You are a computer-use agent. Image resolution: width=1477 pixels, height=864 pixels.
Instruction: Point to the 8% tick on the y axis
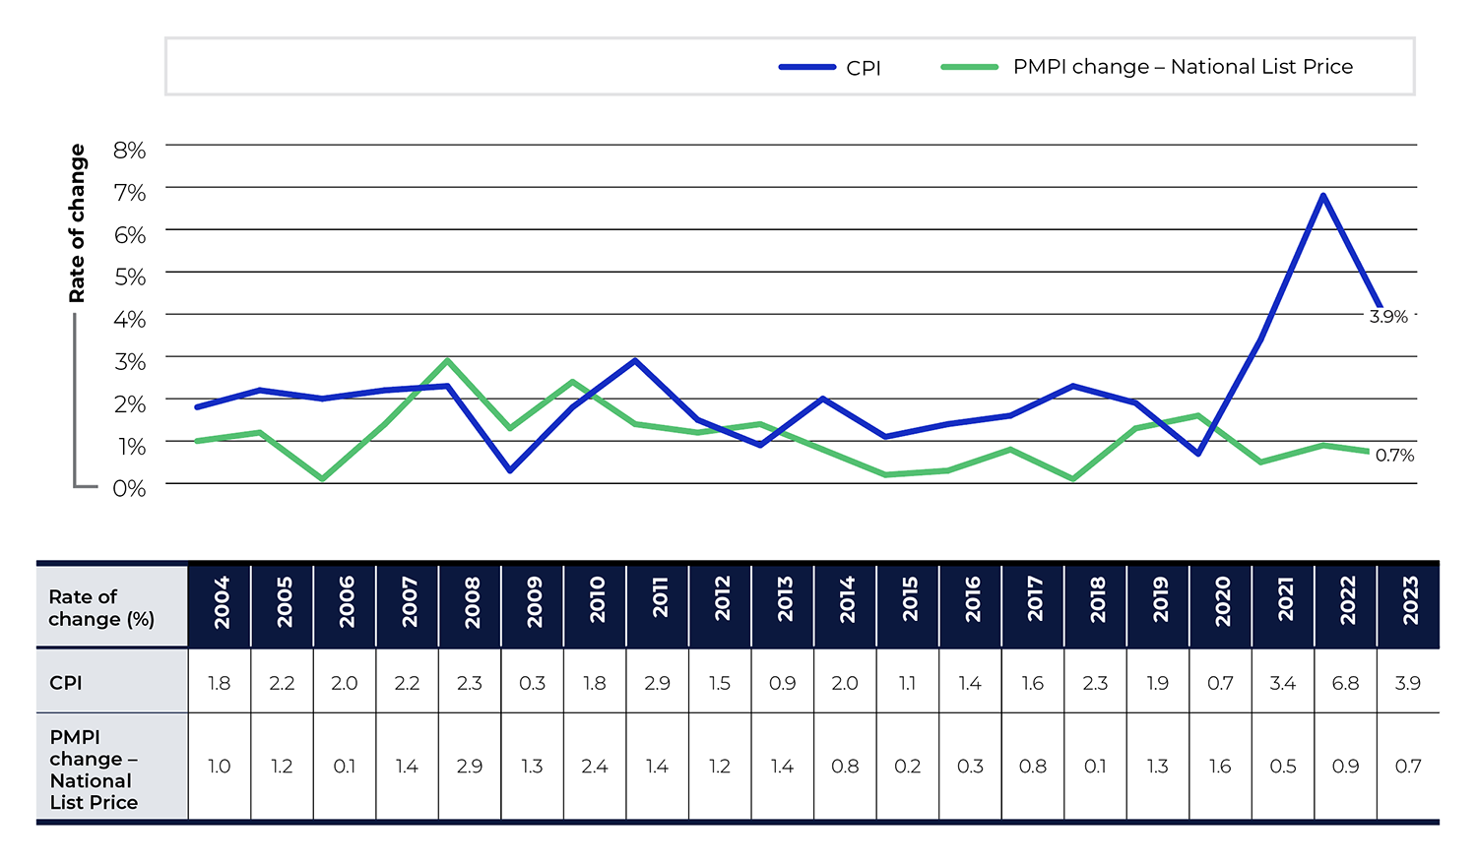coord(129,151)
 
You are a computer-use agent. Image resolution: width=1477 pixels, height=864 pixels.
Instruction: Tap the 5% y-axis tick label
coord(129,277)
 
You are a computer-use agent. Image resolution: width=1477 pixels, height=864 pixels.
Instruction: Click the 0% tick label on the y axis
coord(129,488)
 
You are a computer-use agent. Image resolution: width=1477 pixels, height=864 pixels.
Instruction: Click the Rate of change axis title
coord(77,223)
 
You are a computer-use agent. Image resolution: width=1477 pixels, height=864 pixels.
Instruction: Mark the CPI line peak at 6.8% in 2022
coord(1323,195)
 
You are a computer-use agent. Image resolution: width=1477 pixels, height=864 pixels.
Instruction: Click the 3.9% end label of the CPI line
coord(1388,317)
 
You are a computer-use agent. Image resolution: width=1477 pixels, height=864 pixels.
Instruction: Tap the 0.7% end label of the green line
coord(1394,456)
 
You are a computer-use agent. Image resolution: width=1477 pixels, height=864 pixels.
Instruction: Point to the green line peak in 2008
coord(447,360)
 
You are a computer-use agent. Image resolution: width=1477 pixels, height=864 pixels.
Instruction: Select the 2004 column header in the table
coord(221,602)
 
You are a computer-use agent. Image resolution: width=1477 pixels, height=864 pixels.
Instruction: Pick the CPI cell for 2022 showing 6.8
coord(1345,683)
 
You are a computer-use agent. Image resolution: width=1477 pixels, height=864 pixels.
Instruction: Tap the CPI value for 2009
coord(532,683)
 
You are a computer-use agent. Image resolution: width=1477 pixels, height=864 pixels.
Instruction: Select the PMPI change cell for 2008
coord(470,767)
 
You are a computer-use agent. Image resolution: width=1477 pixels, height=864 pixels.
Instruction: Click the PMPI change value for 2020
coord(1220,767)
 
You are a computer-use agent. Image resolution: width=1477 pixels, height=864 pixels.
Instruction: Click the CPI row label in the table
coord(66,683)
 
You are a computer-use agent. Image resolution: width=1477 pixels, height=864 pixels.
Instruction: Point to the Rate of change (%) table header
coord(101,608)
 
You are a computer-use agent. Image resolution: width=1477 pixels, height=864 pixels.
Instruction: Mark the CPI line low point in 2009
coord(510,470)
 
